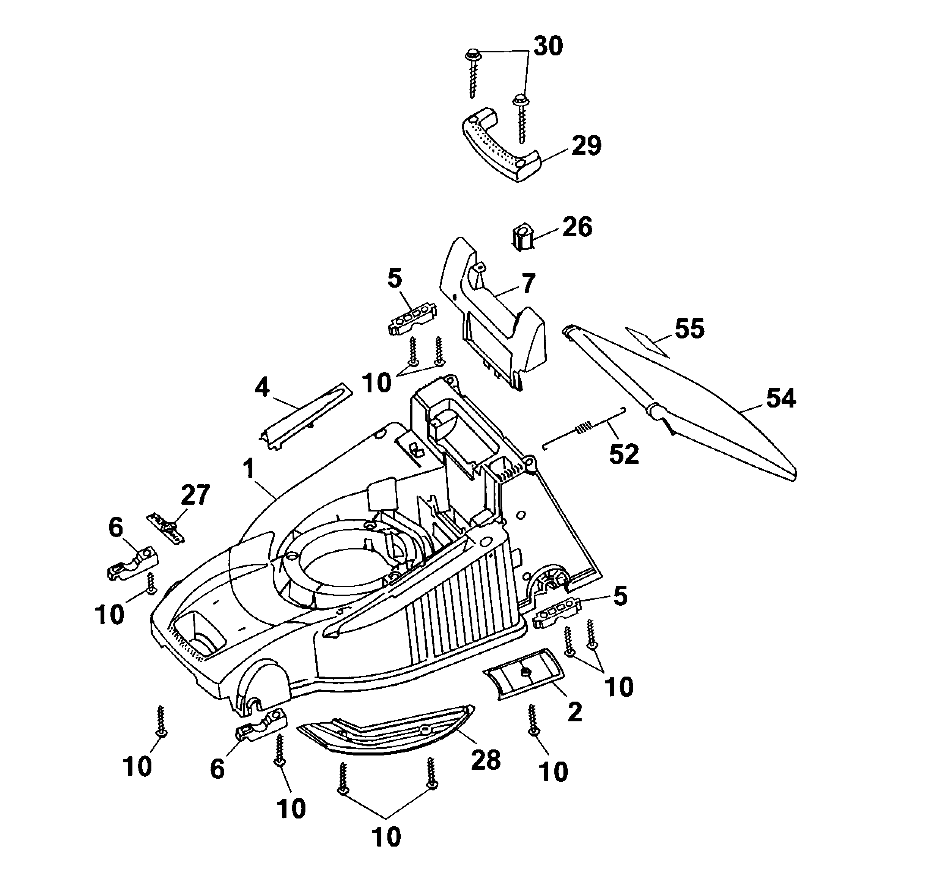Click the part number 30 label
[x=548, y=46]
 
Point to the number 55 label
[x=689, y=329]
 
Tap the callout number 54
[x=781, y=398]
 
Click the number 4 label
[x=261, y=387]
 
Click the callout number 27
[x=195, y=495]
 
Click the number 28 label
[x=486, y=760]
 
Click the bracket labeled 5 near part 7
[x=412, y=318]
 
